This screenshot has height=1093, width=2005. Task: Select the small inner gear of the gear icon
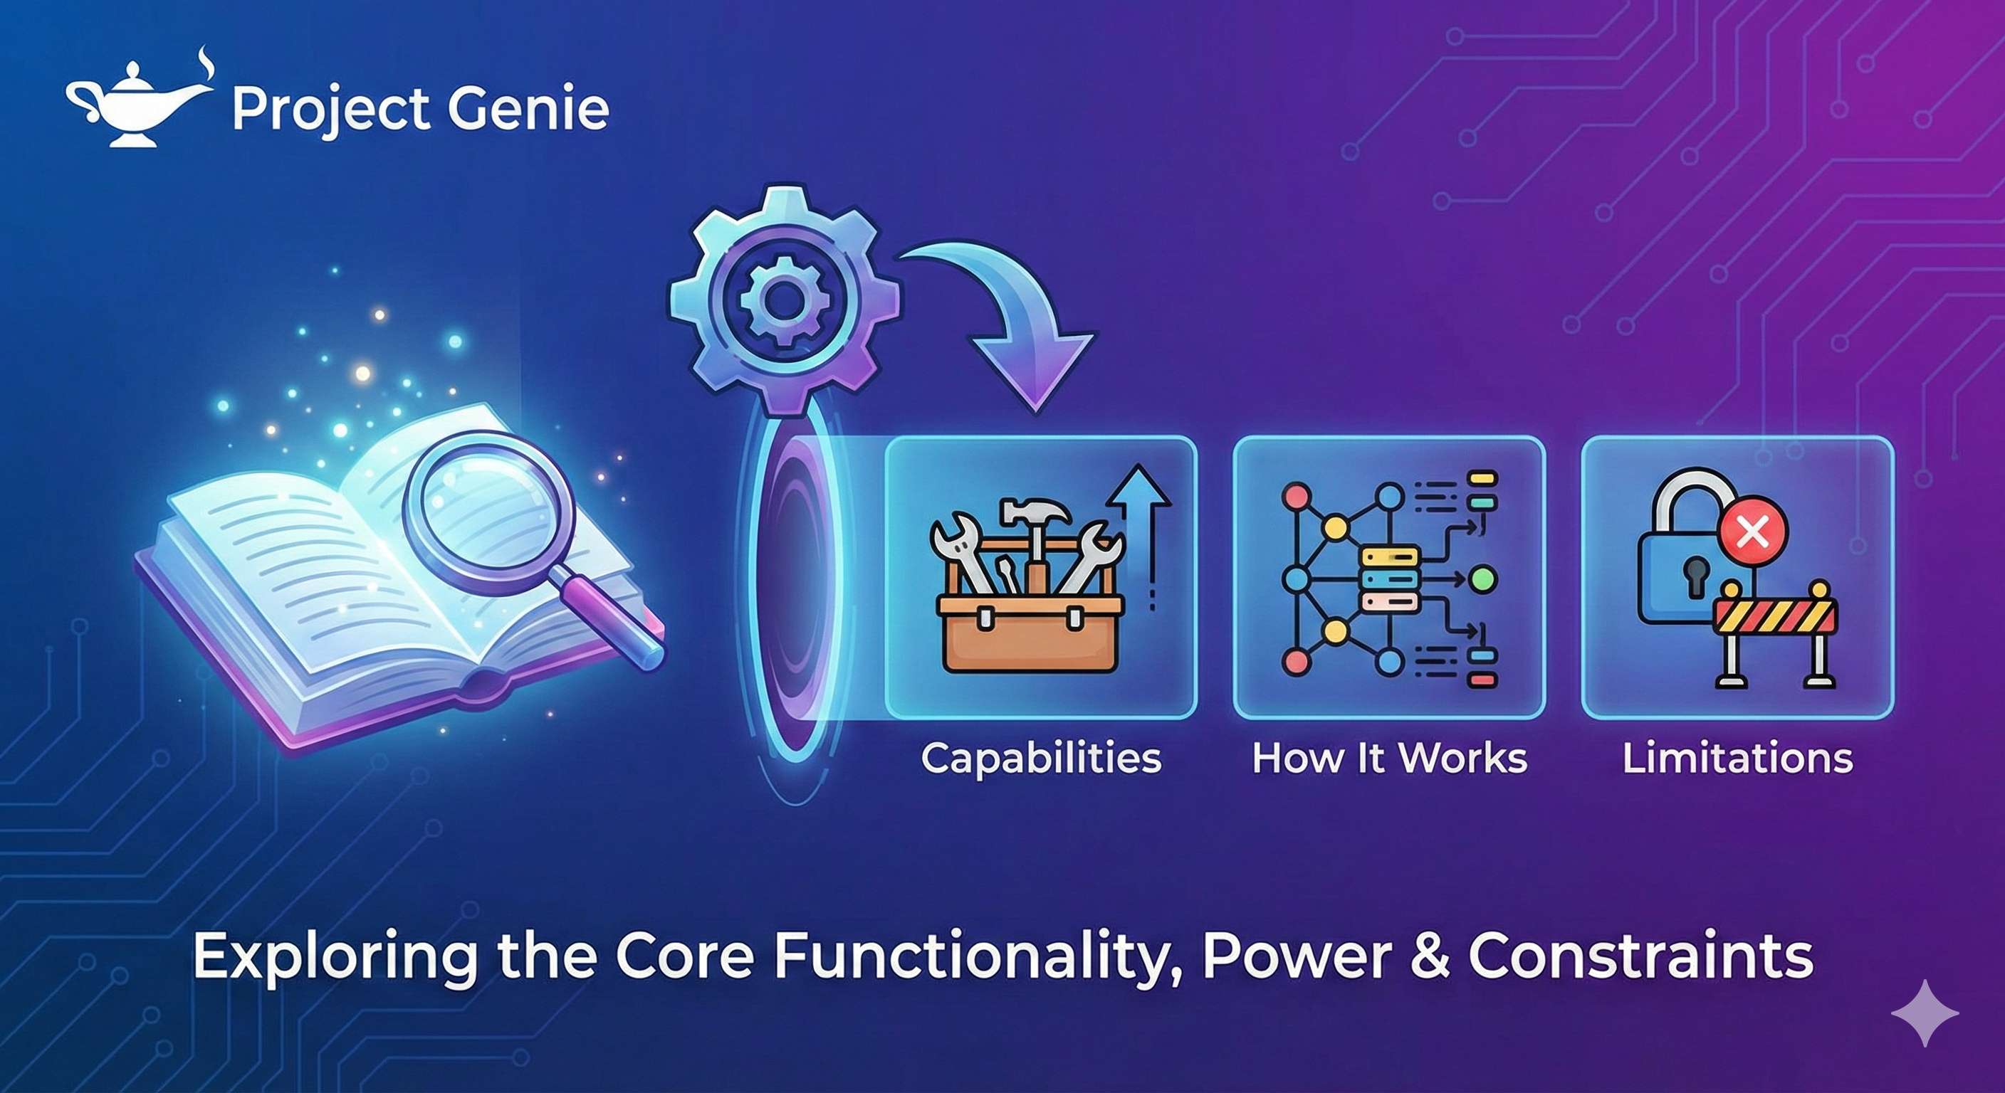click(783, 300)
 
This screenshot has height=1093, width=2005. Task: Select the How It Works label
click(1389, 758)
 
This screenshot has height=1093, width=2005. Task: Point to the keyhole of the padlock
click(1694, 576)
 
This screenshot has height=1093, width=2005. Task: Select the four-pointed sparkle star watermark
click(1925, 1013)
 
